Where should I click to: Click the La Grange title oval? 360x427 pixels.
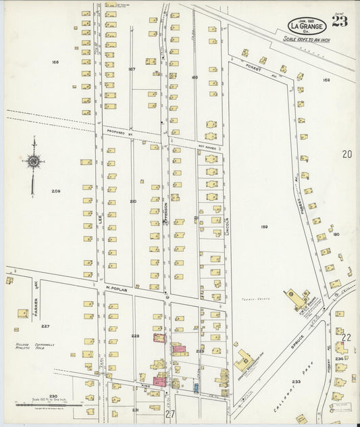point(307,25)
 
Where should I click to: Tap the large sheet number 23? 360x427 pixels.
point(340,21)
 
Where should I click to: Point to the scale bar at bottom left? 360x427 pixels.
point(41,405)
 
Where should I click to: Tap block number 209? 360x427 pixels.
point(56,191)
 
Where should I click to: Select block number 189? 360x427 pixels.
point(264,226)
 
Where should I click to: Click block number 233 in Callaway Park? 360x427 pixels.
point(296,382)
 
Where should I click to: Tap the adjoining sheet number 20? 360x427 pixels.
point(346,154)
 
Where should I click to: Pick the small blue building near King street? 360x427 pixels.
point(195,388)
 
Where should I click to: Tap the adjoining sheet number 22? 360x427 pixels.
point(346,336)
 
